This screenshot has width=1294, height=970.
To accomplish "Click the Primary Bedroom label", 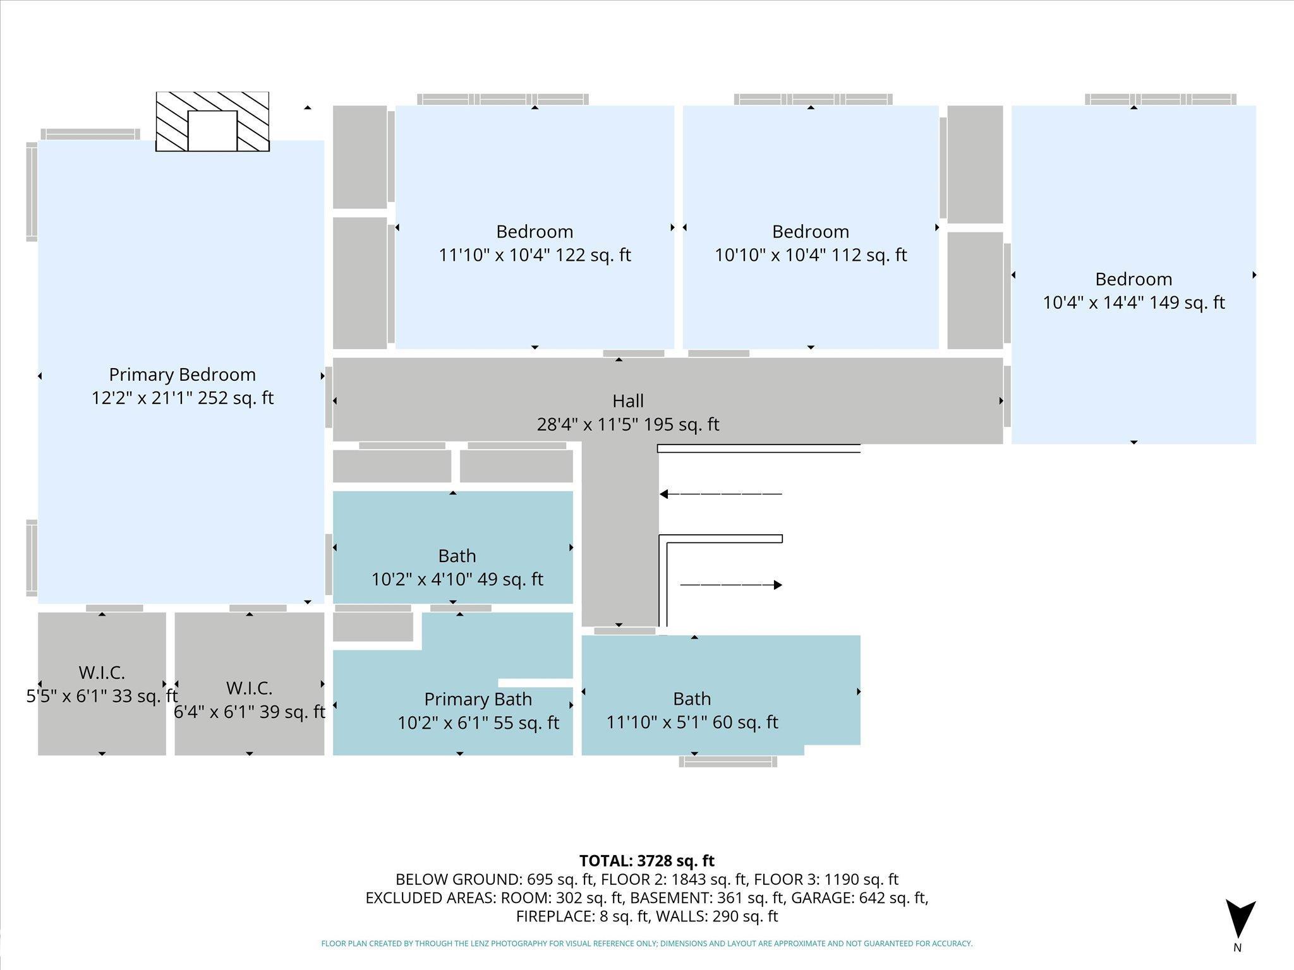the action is point(183,374).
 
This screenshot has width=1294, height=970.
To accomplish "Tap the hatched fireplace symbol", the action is point(212,121).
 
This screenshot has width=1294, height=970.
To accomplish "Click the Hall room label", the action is point(628,401).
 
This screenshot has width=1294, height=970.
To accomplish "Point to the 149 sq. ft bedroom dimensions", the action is point(1134,302).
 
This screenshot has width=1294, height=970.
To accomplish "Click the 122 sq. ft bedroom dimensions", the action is point(535,255).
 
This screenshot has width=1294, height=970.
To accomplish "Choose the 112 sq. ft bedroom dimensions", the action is point(811,255).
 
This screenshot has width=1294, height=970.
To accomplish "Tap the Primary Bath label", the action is point(478,699).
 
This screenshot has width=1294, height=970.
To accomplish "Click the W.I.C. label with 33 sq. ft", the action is point(102,672).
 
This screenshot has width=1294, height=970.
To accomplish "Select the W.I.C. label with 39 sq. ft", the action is point(250,688).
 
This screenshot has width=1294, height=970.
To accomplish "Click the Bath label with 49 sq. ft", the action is point(457,556).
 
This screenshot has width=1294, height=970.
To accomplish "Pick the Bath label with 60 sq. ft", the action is point(692,698).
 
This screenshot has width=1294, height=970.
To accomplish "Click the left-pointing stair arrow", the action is point(721,494).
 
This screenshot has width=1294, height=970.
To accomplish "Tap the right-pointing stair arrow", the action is point(731,585).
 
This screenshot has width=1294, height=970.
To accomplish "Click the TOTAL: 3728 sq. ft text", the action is point(647,861).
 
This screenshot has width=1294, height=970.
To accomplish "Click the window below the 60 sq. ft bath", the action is point(728,762).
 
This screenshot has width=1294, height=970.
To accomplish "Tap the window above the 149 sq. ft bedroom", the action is point(1161,99).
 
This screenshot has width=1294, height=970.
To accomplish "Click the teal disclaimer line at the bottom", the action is point(647,943).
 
